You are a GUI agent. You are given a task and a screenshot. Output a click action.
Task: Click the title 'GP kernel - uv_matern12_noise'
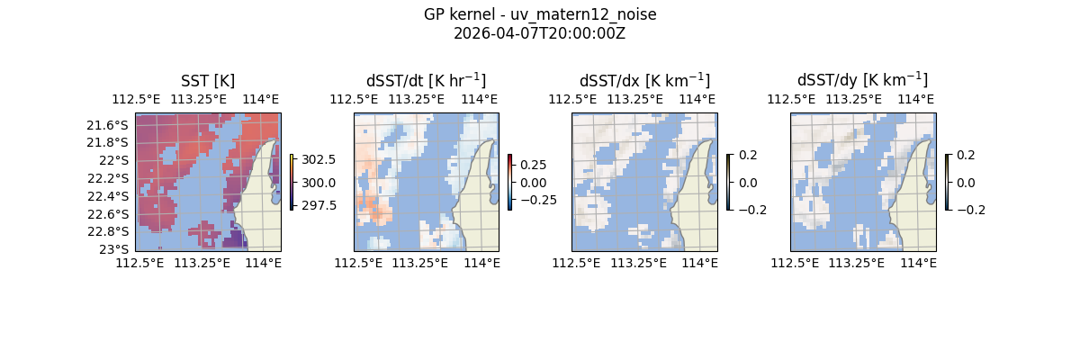coord(540,14)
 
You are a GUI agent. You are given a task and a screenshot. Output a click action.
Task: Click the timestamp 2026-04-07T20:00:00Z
coord(540,33)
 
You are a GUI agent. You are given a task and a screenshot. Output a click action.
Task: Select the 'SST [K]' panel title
coord(208,81)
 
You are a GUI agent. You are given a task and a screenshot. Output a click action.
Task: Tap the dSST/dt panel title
coord(426,81)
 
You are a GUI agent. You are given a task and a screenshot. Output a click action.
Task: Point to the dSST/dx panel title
coord(644,81)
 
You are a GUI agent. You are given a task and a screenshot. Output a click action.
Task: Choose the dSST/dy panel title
coord(862,81)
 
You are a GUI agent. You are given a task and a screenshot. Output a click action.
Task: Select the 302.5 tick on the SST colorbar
coord(318,159)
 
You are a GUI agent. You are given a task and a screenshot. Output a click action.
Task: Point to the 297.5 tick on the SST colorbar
coord(318,205)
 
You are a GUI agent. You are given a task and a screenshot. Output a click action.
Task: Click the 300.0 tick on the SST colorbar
coord(318,183)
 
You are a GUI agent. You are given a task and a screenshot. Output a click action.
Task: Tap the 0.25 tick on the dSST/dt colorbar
coord(534,166)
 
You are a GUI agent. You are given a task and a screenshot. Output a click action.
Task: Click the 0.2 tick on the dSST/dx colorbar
coord(748,155)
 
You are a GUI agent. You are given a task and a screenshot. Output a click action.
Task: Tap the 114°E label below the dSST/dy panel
coord(919,263)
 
